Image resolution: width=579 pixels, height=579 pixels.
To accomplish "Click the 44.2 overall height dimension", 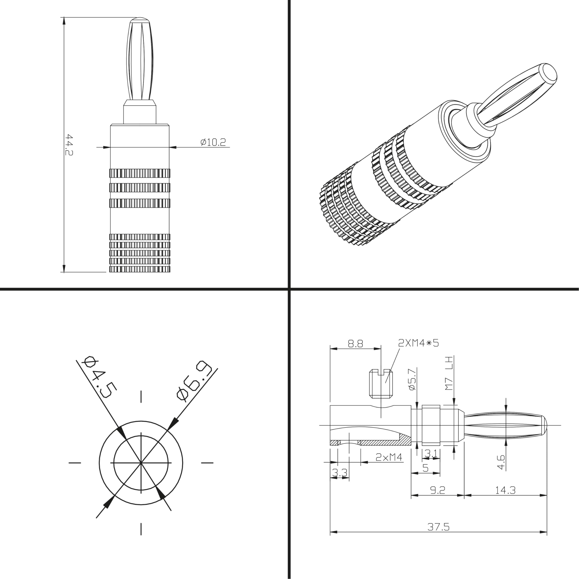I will point(69,145).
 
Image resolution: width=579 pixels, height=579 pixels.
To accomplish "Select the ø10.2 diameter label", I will point(213,142).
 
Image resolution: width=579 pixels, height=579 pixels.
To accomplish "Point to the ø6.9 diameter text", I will point(194,381).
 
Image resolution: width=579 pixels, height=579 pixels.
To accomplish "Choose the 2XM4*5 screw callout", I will point(418,343).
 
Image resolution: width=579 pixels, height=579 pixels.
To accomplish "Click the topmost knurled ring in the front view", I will point(140,173).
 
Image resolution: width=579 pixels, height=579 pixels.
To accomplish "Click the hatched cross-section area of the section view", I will point(387,443).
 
